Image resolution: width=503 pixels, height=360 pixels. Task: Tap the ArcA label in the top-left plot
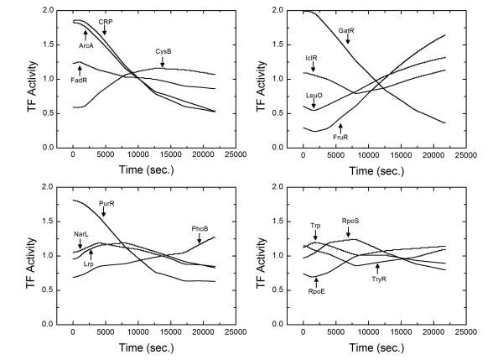(x=86, y=44)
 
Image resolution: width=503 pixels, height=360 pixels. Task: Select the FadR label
(x=80, y=81)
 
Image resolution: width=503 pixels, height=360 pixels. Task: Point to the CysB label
(x=164, y=51)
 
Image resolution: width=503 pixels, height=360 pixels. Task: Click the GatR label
(x=347, y=31)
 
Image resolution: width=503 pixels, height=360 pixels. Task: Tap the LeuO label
(x=314, y=95)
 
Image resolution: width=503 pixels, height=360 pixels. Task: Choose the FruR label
(x=340, y=136)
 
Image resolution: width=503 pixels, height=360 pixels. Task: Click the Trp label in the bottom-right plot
(x=315, y=225)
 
